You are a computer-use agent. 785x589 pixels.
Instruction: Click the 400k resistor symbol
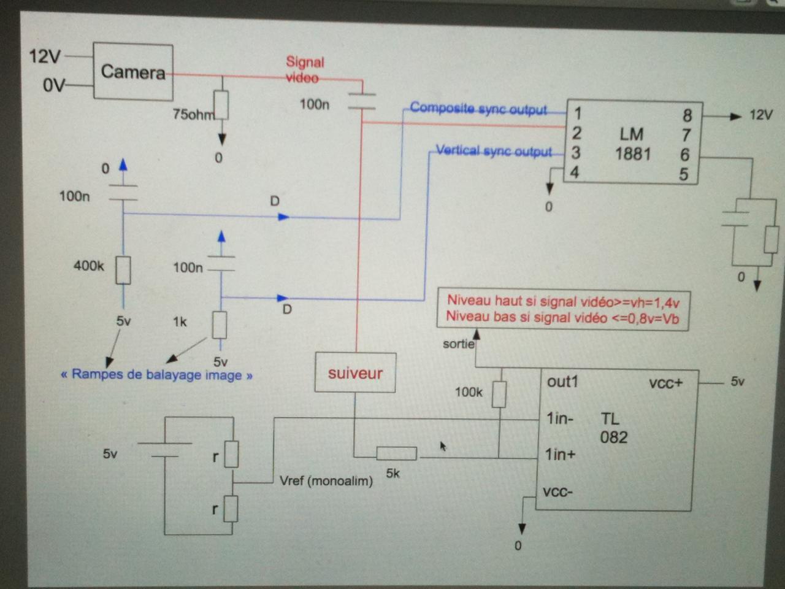(123, 270)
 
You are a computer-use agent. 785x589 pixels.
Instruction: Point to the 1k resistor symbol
(220, 325)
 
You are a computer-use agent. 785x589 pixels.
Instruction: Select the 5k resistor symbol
(397, 453)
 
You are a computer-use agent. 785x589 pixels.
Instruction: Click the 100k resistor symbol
(499, 394)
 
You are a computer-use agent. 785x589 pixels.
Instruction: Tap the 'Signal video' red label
(304, 70)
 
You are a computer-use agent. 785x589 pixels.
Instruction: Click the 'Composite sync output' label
(478, 109)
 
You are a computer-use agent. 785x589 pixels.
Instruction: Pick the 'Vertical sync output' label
(494, 150)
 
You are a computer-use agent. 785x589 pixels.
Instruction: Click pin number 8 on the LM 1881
(687, 115)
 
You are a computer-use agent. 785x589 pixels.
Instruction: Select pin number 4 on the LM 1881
(575, 172)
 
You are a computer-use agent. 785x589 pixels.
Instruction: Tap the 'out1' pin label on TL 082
(562, 382)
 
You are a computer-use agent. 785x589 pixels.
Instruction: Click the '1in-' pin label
(560, 418)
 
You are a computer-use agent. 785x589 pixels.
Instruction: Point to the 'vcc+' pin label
(665, 383)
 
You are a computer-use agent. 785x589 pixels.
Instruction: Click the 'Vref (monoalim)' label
(326, 481)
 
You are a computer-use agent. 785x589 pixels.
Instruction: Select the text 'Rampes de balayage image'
(156, 374)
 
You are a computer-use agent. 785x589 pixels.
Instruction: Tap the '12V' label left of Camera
(45, 56)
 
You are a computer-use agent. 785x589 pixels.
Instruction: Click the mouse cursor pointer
(443, 446)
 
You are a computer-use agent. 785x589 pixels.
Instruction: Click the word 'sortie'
(459, 344)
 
